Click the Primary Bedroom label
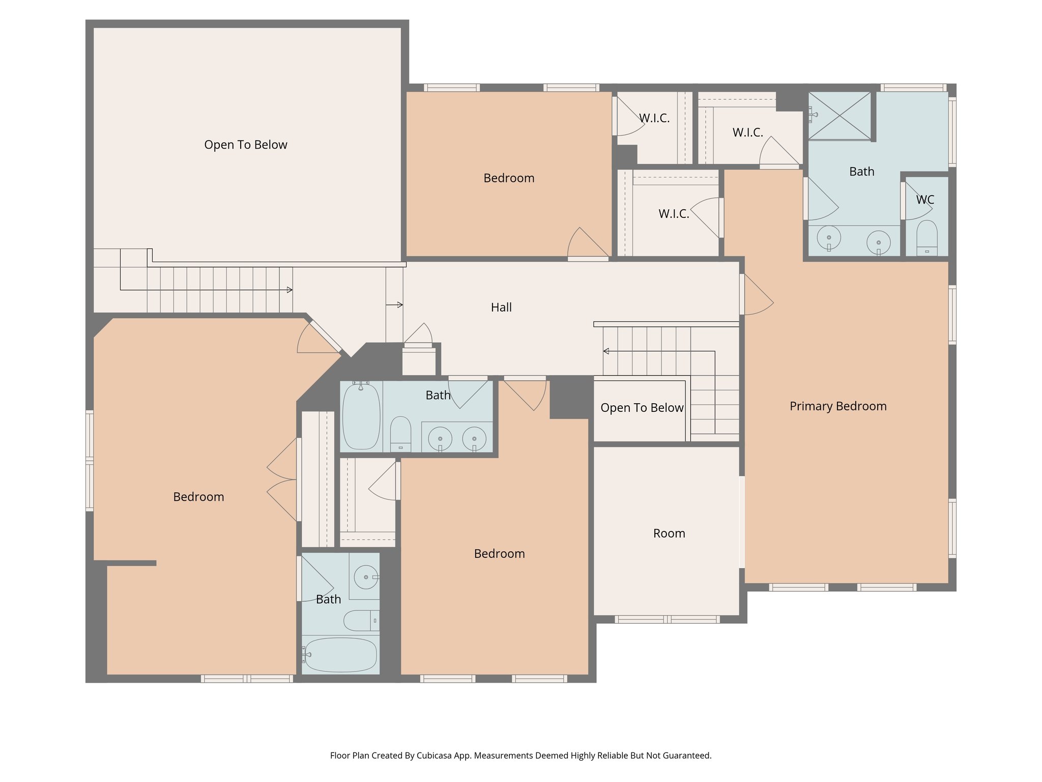(837, 406)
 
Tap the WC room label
(925, 200)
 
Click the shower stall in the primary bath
(840, 115)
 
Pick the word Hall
(501, 308)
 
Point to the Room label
(669, 534)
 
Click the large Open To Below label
(246, 145)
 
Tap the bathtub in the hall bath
(361, 416)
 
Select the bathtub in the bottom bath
(340, 655)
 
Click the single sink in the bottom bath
(366, 577)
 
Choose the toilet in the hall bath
(400, 434)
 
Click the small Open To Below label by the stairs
(642, 408)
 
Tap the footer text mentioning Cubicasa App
(520, 756)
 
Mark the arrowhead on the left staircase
(290, 290)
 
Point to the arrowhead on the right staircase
(606, 351)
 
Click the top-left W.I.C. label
(654, 118)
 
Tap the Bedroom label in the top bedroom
(509, 178)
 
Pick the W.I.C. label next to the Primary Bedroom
(674, 214)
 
